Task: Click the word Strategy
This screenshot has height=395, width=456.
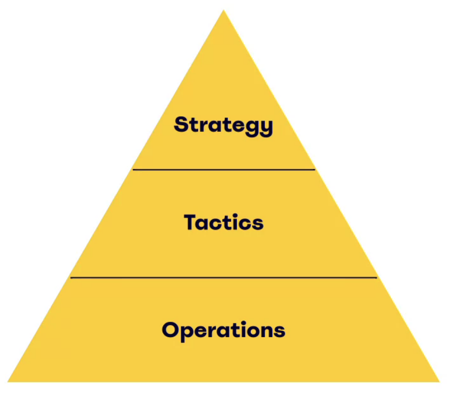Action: coord(223,125)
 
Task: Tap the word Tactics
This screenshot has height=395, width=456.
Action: coord(224,222)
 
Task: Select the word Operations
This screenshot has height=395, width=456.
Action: coord(223,330)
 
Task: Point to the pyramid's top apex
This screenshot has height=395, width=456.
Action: coord(224,10)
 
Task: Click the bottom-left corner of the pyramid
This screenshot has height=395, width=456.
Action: coord(9,381)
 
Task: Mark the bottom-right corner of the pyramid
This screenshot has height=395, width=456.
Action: coord(439,381)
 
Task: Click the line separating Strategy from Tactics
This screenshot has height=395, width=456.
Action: coord(224,170)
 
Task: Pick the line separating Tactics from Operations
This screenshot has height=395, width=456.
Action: coord(224,278)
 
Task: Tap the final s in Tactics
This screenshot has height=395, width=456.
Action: coord(257,224)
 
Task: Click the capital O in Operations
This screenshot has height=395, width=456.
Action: coord(172,330)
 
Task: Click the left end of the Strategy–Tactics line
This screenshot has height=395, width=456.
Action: coord(133,170)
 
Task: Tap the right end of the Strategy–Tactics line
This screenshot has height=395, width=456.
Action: coord(315,170)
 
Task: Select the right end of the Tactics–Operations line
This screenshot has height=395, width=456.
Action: coord(376,278)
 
